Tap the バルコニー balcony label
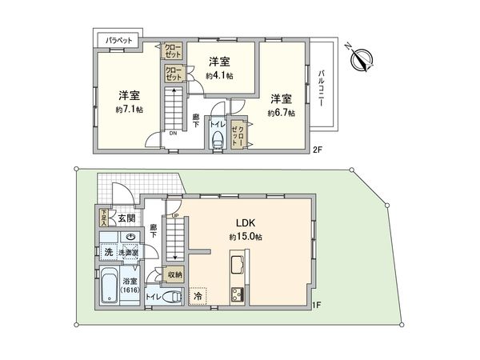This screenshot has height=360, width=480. (x=321, y=87)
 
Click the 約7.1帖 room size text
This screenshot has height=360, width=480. (x=127, y=108)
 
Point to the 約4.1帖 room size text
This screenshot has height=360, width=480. (x=218, y=75)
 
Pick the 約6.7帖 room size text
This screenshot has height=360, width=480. (x=282, y=113)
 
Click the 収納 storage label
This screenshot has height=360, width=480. (x=174, y=274)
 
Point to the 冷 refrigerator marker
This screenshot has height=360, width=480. (x=198, y=294)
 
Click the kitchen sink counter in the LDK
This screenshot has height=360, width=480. (x=235, y=267)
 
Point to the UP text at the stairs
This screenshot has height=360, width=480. (x=174, y=214)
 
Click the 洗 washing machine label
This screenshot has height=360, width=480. (x=107, y=252)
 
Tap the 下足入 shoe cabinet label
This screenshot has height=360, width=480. (x=103, y=218)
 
